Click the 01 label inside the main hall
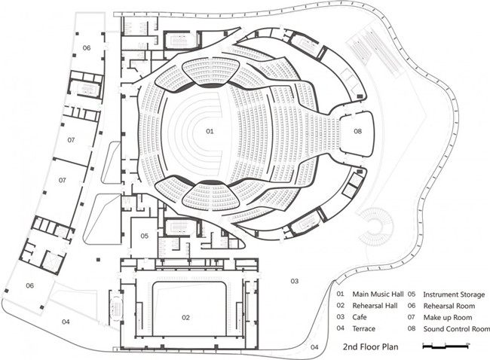210,131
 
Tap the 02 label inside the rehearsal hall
186,317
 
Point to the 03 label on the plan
295,280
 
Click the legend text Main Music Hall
376,294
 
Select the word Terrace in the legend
364,329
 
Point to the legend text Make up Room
446,317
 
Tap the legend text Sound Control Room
456,329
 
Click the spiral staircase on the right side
385,225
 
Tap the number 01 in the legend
341,294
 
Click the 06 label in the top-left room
87,47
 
